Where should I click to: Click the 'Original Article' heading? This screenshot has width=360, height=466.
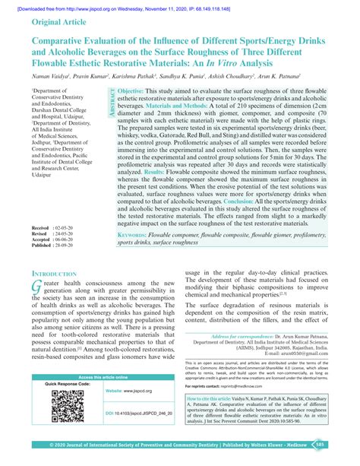[x=65, y=22]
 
